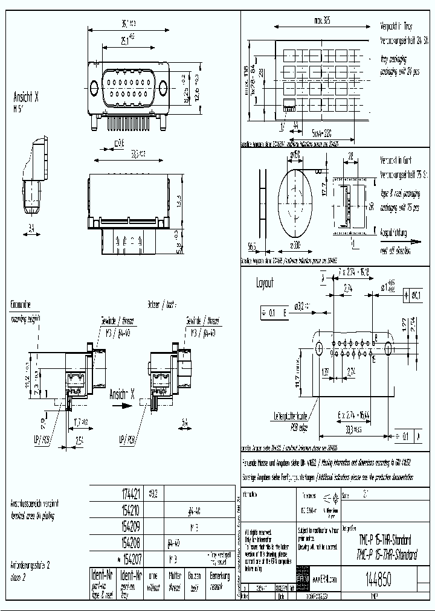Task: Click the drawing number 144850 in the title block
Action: pyautogui.click(x=378, y=580)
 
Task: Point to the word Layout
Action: pyautogui.click(x=265, y=283)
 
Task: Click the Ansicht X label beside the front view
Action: pyautogui.click(x=27, y=97)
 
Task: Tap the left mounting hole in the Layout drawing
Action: pyautogui.click(x=320, y=348)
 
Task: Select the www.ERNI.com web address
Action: pyautogui.click(x=324, y=580)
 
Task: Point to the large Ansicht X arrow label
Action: pyautogui.click(x=121, y=395)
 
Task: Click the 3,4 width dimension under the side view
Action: pyautogui.click(x=31, y=229)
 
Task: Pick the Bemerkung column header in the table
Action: pyautogui.click(x=219, y=579)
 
